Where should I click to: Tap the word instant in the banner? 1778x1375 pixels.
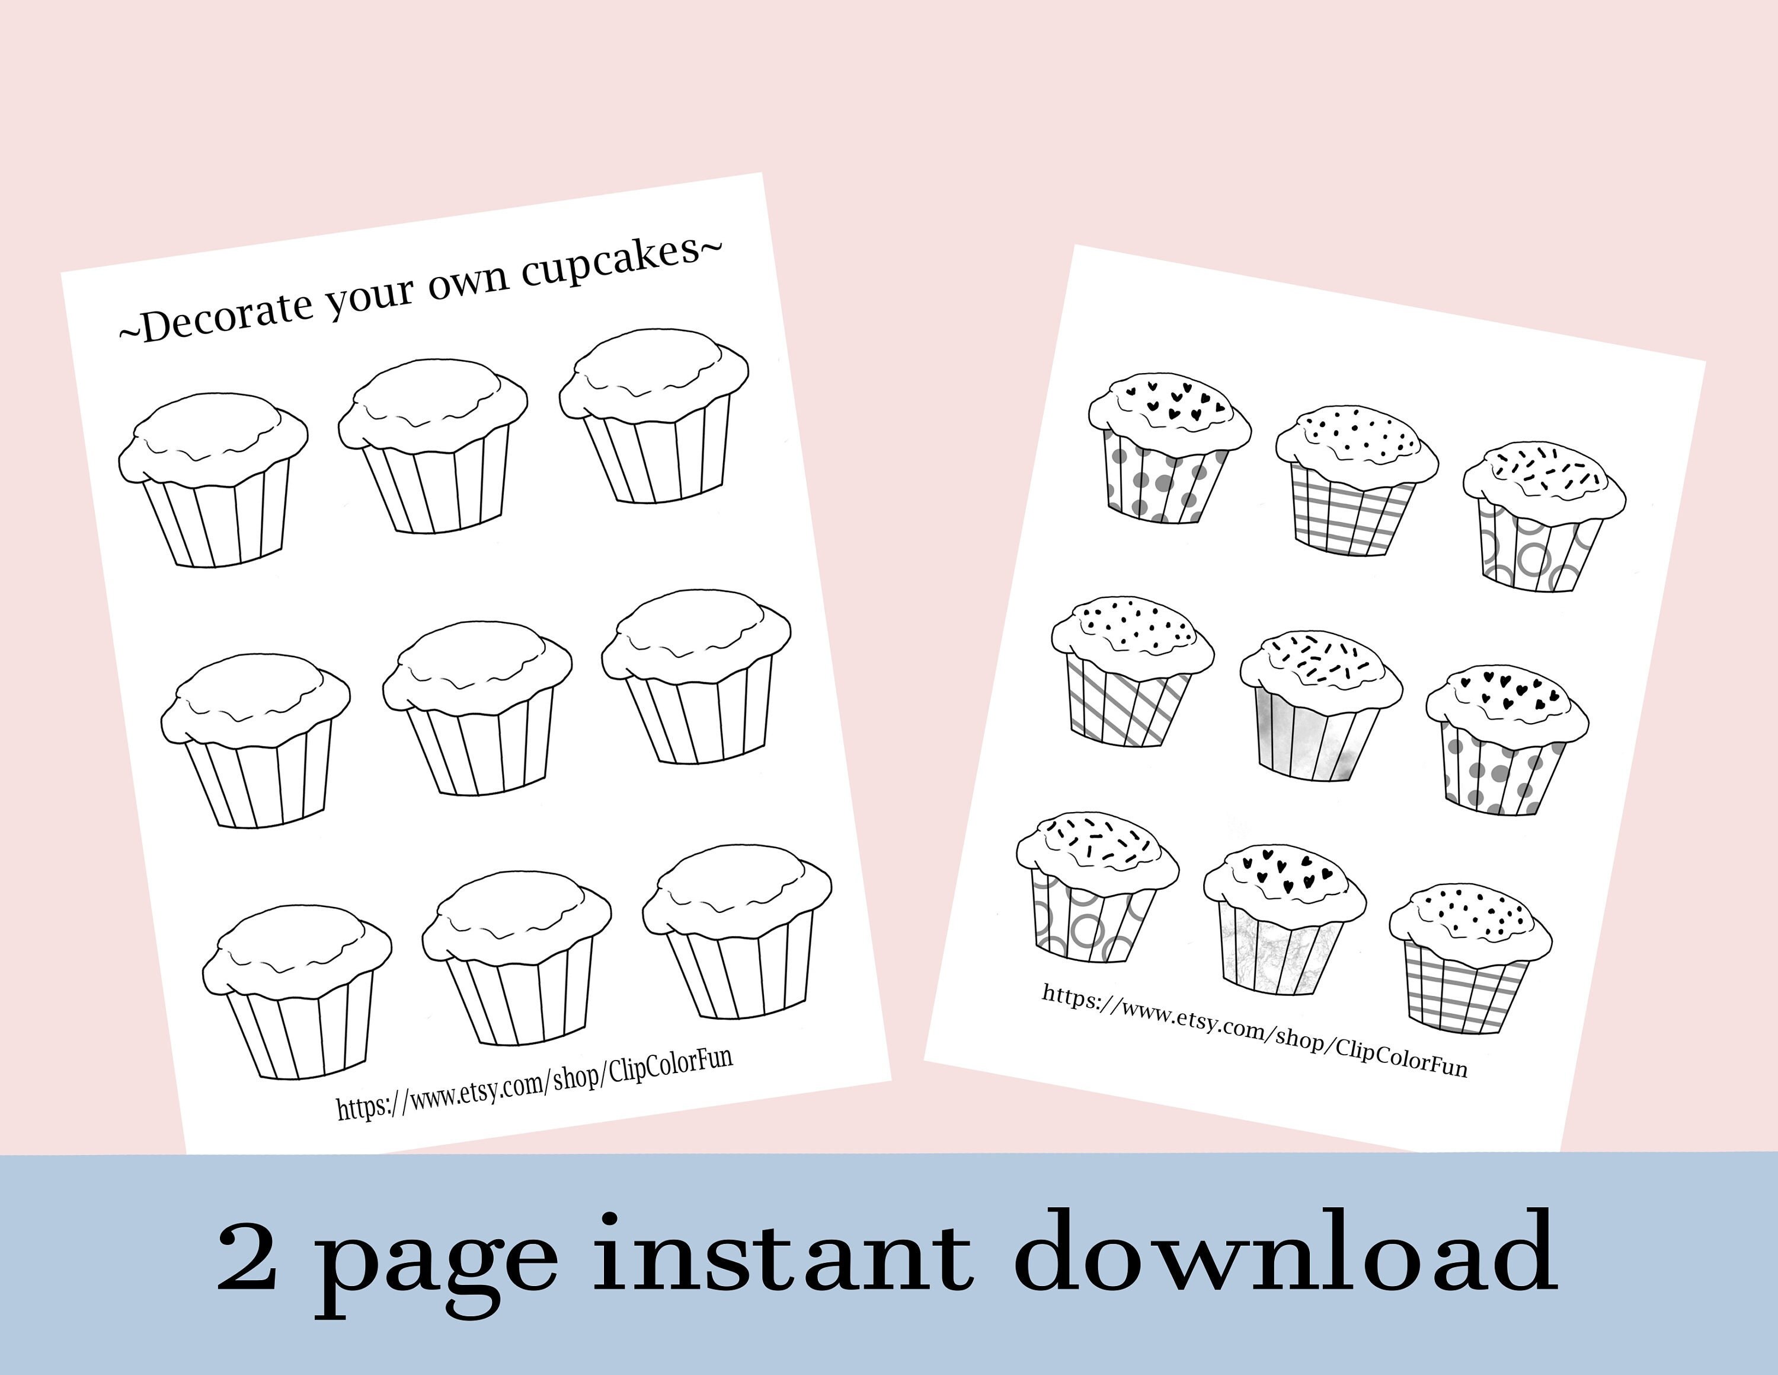[x=782, y=1259]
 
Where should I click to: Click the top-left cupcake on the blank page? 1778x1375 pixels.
[x=213, y=480]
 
